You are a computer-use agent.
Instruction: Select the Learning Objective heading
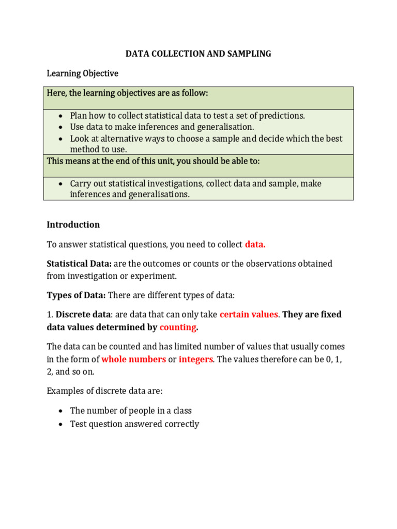click(82, 73)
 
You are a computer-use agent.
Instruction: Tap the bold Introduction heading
click(73, 225)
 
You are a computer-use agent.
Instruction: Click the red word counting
click(178, 327)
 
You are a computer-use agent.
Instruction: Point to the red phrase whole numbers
click(133, 359)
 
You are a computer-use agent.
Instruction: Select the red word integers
click(195, 359)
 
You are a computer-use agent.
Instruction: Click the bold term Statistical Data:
click(79, 263)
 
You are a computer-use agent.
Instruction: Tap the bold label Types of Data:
click(76, 295)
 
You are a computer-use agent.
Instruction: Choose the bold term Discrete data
click(83, 314)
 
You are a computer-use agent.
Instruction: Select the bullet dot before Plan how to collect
click(60, 116)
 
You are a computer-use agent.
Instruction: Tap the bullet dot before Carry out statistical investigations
click(60, 184)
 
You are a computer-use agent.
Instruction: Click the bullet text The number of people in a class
click(131, 411)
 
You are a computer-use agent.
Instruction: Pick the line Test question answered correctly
click(134, 424)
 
